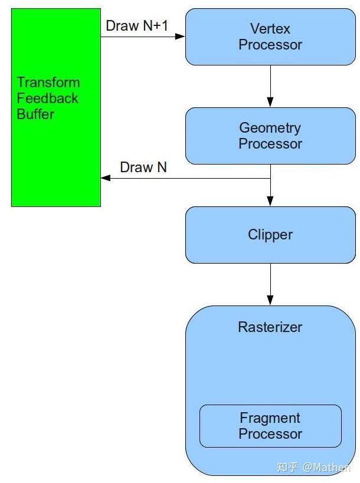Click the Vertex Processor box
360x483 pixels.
pyautogui.click(x=270, y=37)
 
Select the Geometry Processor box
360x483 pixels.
pyautogui.click(x=270, y=136)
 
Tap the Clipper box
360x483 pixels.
pyautogui.click(x=270, y=235)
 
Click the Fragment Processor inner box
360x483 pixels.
pyautogui.click(x=270, y=426)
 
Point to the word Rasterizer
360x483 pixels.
pyautogui.click(x=270, y=327)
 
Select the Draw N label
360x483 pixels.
pyautogui.click(x=143, y=167)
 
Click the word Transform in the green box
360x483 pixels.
pyautogui.click(x=48, y=83)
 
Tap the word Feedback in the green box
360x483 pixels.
pyautogui.click(x=47, y=98)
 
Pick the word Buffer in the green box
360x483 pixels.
pyautogui.click(x=35, y=114)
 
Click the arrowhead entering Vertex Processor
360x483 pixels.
pyautogui.click(x=180, y=37)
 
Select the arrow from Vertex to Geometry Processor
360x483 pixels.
pyautogui.click(x=270, y=86)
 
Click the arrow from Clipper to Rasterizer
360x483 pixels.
pyautogui.click(x=270, y=284)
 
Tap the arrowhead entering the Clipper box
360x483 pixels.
pyautogui.click(x=270, y=201)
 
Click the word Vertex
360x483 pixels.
pyautogui.click(x=270, y=28)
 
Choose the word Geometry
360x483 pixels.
pyautogui.click(x=270, y=128)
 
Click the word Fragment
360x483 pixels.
pyautogui.click(x=270, y=418)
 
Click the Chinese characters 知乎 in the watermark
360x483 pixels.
pyautogui.click(x=288, y=467)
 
